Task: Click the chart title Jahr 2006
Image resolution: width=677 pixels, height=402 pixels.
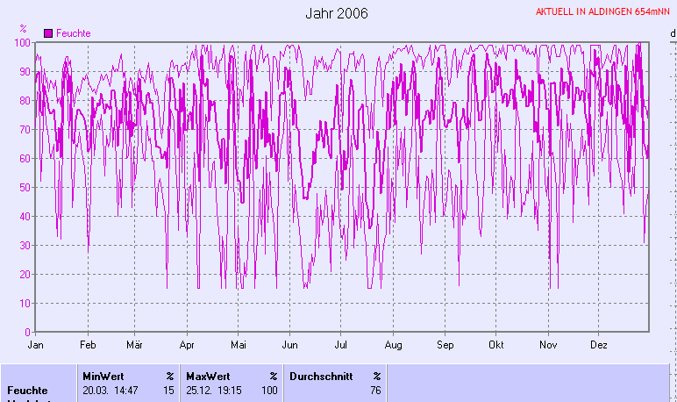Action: click(337, 13)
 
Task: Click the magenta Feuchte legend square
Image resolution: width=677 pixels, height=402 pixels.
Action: click(48, 32)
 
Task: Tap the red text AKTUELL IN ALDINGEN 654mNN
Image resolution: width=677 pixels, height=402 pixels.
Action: click(603, 12)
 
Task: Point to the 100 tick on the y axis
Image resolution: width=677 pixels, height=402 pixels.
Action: click(23, 42)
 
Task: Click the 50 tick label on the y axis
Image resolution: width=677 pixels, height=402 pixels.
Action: click(25, 187)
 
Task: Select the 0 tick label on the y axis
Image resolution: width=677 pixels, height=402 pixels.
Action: click(28, 333)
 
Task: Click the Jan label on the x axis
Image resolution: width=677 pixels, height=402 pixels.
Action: click(36, 345)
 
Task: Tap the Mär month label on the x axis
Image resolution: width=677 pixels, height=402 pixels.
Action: click(135, 345)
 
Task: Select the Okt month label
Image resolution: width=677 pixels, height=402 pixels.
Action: click(497, 345)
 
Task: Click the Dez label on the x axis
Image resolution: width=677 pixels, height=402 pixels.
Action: click(600, 345)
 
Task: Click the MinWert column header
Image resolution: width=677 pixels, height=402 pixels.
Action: click(103, 376)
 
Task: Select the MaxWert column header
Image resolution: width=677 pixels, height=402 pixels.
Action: click(208, 376)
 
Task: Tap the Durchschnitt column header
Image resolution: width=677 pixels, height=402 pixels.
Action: click(318, 376)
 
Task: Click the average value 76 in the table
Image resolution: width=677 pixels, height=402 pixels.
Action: click(375, 390)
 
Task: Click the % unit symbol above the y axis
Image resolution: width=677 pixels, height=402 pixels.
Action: click(24, 29)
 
